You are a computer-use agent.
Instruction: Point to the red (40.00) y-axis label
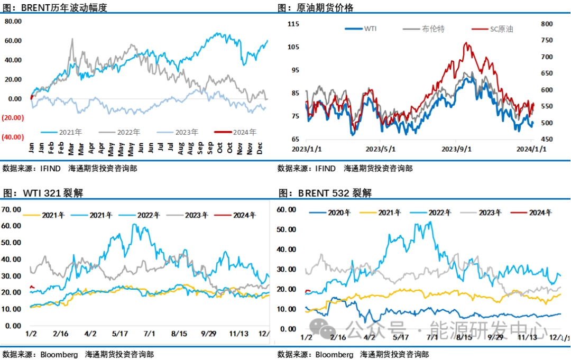[x=12, y=137]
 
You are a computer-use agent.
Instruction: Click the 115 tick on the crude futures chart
[x=293, y=24]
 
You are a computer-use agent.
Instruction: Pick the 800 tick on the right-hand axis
[x=545, y=24]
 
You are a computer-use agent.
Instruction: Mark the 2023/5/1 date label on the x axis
[x=380, y=149]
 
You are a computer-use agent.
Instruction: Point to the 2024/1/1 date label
[x=531, y=149]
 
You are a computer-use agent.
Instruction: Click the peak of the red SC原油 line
[x=466, y=43]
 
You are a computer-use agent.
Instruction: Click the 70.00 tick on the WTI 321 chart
[x=12, y=209]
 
